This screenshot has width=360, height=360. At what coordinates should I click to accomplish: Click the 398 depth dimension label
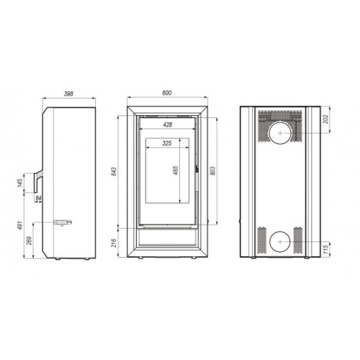pyautogui.click(x=68, y=94)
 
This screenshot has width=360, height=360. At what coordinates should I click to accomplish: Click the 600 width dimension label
pyautogui.click(x=167, y=93)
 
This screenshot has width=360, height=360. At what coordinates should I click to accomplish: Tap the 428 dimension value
pyautogui.click(x=168, y=125)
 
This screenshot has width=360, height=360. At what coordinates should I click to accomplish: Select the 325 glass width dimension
pyautogui.click(x=167, y=143)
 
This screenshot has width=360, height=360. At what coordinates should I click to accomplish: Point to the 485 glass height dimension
pyautogui.click(x=176, y=171)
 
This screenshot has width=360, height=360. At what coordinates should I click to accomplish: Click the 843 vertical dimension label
pyautogui.click(x=114, y=171)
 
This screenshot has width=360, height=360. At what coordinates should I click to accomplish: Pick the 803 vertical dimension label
pyautogui.click(x=212, y=171)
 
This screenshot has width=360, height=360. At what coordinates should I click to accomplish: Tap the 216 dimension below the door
pyautogui.click(x=114, y=243)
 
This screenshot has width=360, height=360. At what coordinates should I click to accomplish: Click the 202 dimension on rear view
pyautogui.click(x=325, y=120)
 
